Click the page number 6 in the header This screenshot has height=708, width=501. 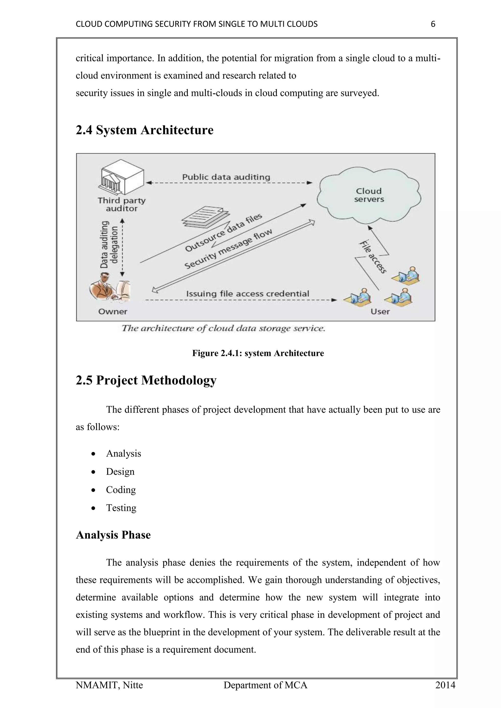(433, 24)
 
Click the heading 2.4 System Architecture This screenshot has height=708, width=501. (144, 130)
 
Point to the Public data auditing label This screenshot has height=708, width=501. (226, 177)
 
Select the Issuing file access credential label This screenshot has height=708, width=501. (247, 294)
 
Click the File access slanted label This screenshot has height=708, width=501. (373, 257)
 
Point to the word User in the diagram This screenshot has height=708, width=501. (380, 311)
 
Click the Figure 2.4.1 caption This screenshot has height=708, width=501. (258, 353)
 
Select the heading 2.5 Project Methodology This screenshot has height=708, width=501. (146, 380)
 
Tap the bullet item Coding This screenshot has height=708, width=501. (121, 490)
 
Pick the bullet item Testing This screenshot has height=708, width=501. (121, 508)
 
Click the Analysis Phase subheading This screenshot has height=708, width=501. (113, 535)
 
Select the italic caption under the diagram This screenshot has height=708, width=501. (223, 328)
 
